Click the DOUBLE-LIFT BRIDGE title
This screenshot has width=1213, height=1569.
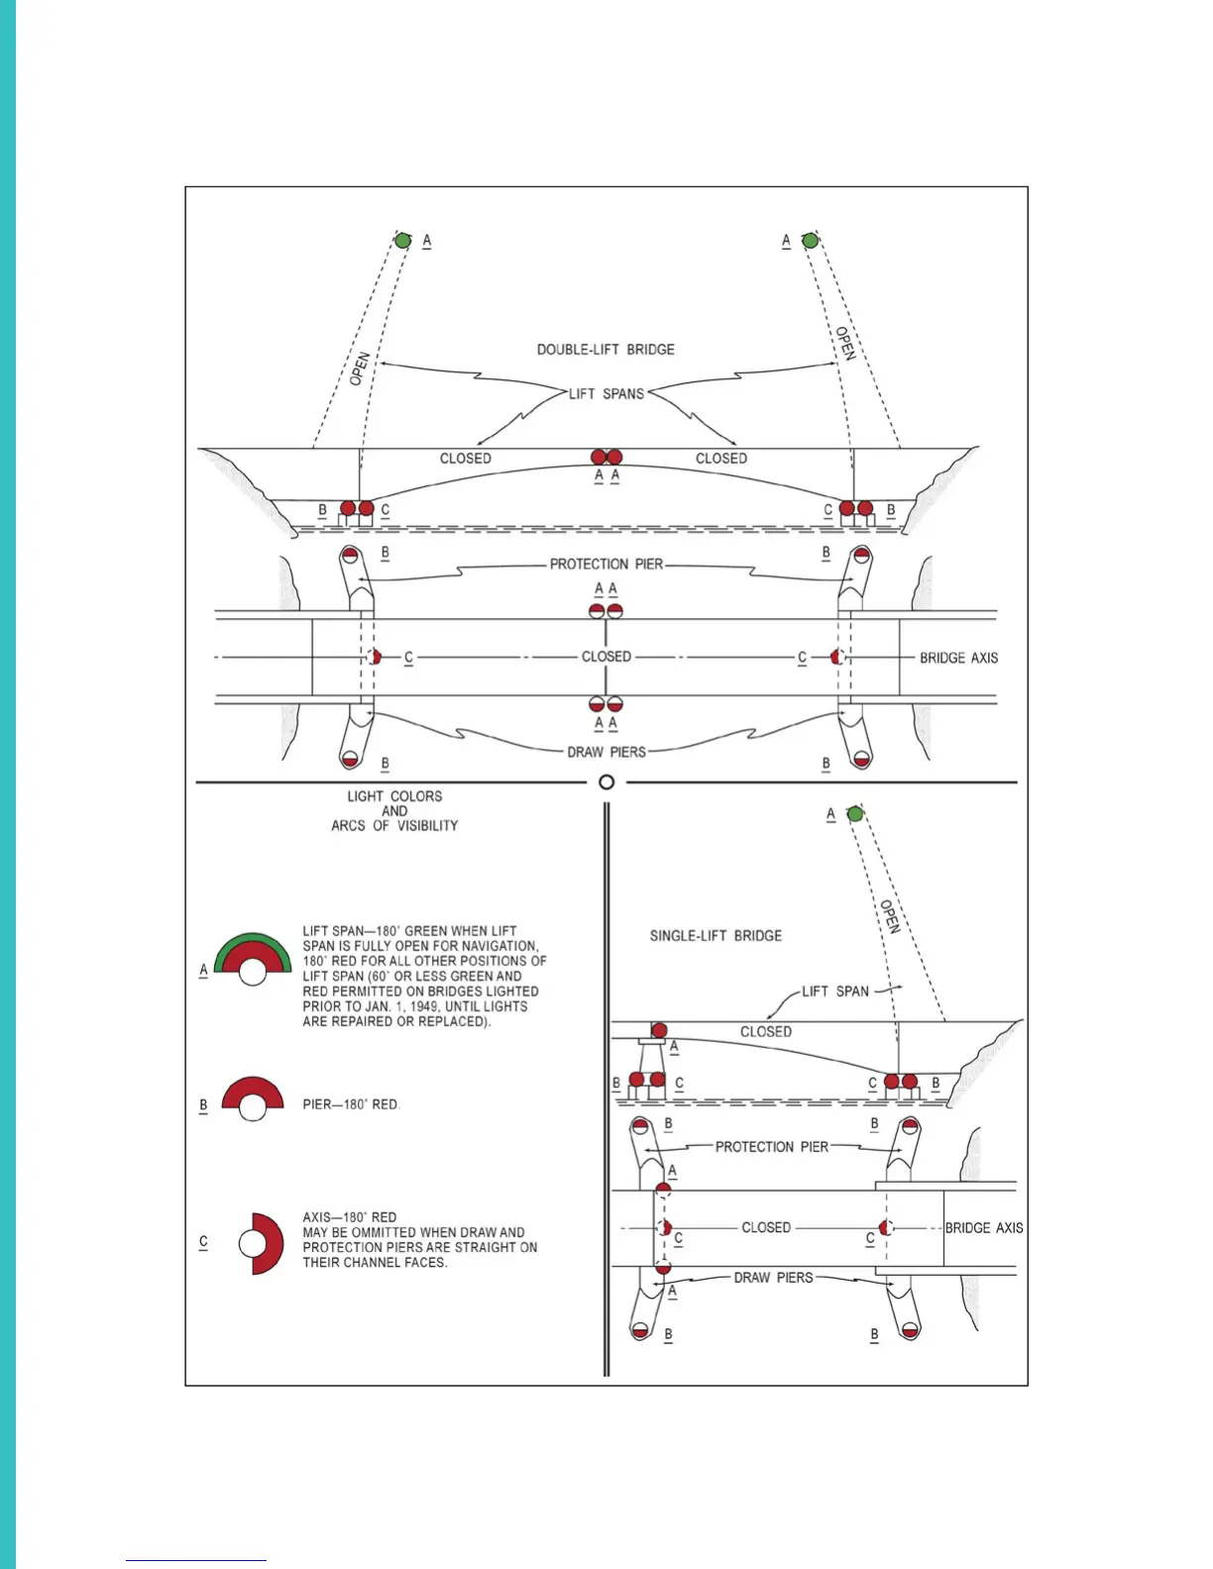[x=606, y=350]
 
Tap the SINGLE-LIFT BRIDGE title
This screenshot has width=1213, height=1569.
[x=716, y=936]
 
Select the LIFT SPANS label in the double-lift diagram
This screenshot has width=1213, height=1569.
[x=606, y=394]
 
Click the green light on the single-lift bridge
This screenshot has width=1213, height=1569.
[x=855, y=814]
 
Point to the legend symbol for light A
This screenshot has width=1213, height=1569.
[x=253, y=959]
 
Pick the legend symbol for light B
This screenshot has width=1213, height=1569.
[x=253, y=1098]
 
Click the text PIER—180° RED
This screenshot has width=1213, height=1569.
[x=351, y=1104]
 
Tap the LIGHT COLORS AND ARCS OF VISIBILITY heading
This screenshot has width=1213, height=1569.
[x=394, y=810]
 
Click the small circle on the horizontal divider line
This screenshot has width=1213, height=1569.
[x=606, y=783]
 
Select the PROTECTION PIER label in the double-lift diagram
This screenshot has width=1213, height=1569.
[x=606, y=565]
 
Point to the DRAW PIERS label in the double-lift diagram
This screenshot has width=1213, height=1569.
[x=606, y=753]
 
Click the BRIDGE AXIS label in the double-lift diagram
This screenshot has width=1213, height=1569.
[x=958, y=658]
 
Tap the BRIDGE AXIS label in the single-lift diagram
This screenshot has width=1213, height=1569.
[x=983, y=1228]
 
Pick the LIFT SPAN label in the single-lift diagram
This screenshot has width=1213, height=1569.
[x=834, y=992]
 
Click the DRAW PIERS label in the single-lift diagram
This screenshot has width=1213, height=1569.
[x=773, y=1278]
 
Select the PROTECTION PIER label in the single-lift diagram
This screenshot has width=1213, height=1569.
[x=771, y=1147]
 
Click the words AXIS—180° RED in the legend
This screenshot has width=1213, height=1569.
[x=350, y=1217]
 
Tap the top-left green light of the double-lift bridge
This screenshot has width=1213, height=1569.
[x=402, y=241]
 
